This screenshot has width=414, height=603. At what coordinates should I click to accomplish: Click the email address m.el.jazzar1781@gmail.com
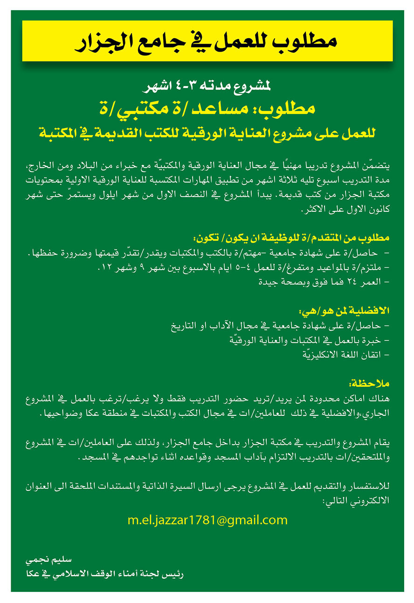[207, 520]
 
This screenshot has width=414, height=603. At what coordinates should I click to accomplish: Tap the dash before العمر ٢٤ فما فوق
[387, 282]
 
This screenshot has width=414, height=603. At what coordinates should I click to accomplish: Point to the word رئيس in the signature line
[174, 574]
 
